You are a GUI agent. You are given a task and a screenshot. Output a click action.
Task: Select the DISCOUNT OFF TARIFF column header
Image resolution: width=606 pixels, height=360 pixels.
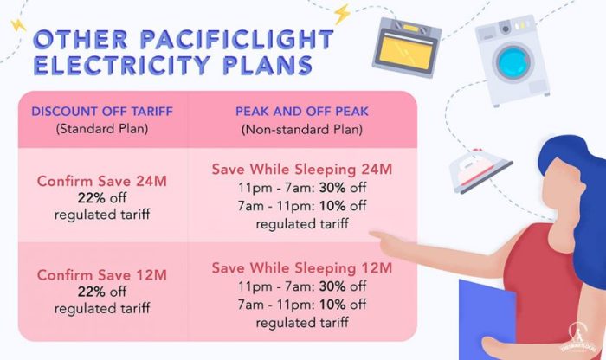102,112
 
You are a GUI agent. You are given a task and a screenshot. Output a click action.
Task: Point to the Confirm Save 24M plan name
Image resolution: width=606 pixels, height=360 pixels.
102,182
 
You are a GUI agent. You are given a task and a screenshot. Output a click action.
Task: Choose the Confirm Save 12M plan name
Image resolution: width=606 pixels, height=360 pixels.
102,276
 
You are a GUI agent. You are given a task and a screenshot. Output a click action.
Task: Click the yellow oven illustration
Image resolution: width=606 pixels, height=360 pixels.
406,48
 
